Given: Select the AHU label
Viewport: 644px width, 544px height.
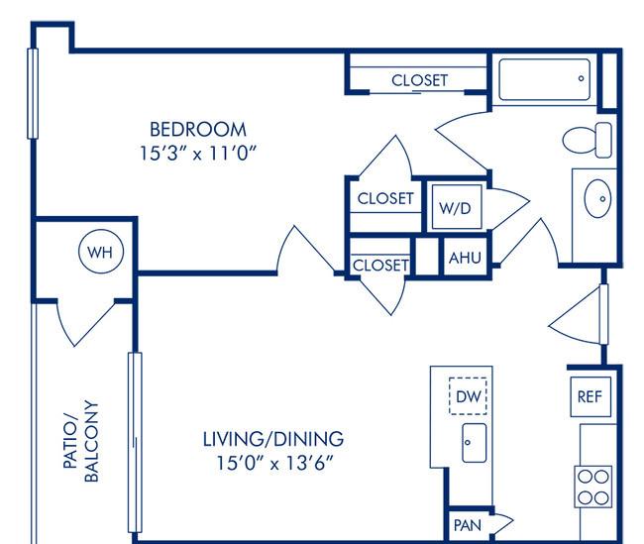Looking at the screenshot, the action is point(465,258).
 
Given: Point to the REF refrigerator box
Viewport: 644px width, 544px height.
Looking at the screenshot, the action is point(590,396).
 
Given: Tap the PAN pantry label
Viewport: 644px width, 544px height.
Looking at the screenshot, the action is point(468,525).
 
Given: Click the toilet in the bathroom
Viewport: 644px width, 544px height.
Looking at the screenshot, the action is point(587,140).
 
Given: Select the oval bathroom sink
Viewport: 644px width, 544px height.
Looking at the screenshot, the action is point(597,198).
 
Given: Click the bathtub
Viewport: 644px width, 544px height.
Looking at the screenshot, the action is point(545,79).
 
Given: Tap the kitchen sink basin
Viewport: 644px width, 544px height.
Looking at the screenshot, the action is point(475,443).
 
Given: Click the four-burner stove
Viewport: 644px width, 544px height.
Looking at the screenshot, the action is point(593,487).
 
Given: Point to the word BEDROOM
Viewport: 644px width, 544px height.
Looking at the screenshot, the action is point(198,130).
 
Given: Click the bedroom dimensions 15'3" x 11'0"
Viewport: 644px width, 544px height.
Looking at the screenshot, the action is point(198,154).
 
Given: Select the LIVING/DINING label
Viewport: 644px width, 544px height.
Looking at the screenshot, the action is point(273,439).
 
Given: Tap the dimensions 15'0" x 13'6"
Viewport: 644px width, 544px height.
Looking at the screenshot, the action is point(273,463).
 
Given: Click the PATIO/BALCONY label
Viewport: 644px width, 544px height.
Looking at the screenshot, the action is point(81,441).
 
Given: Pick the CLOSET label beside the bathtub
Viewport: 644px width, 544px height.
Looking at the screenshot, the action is point(419,80).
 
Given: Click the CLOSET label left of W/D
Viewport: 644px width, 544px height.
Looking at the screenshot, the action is point(385,198).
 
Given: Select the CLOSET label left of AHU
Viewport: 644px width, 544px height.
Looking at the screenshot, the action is point(380,265).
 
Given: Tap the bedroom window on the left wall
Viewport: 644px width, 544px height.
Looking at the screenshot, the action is point(33,93).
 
